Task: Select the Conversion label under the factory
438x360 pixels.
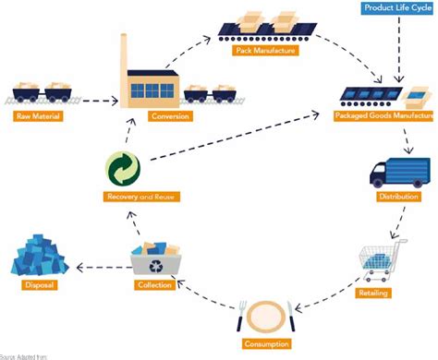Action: tap(145, 116)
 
